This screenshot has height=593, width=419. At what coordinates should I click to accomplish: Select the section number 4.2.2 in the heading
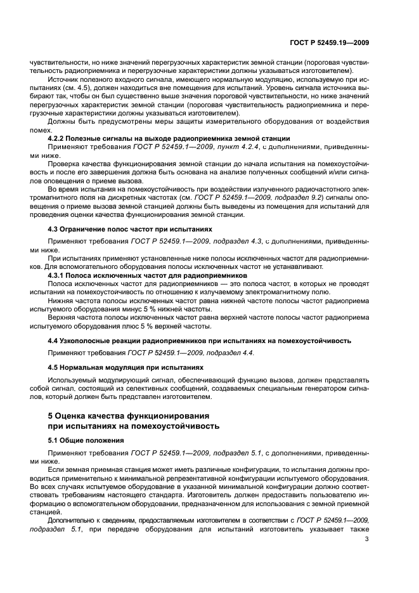point(60,138)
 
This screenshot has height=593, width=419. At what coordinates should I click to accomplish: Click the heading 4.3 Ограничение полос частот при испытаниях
point(130,228)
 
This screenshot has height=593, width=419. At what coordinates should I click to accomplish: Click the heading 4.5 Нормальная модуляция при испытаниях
point(126,367)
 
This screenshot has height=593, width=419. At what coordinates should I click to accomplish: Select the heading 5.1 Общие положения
point(86,440)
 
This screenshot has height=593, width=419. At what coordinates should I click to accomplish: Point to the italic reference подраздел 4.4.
point(227,352)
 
